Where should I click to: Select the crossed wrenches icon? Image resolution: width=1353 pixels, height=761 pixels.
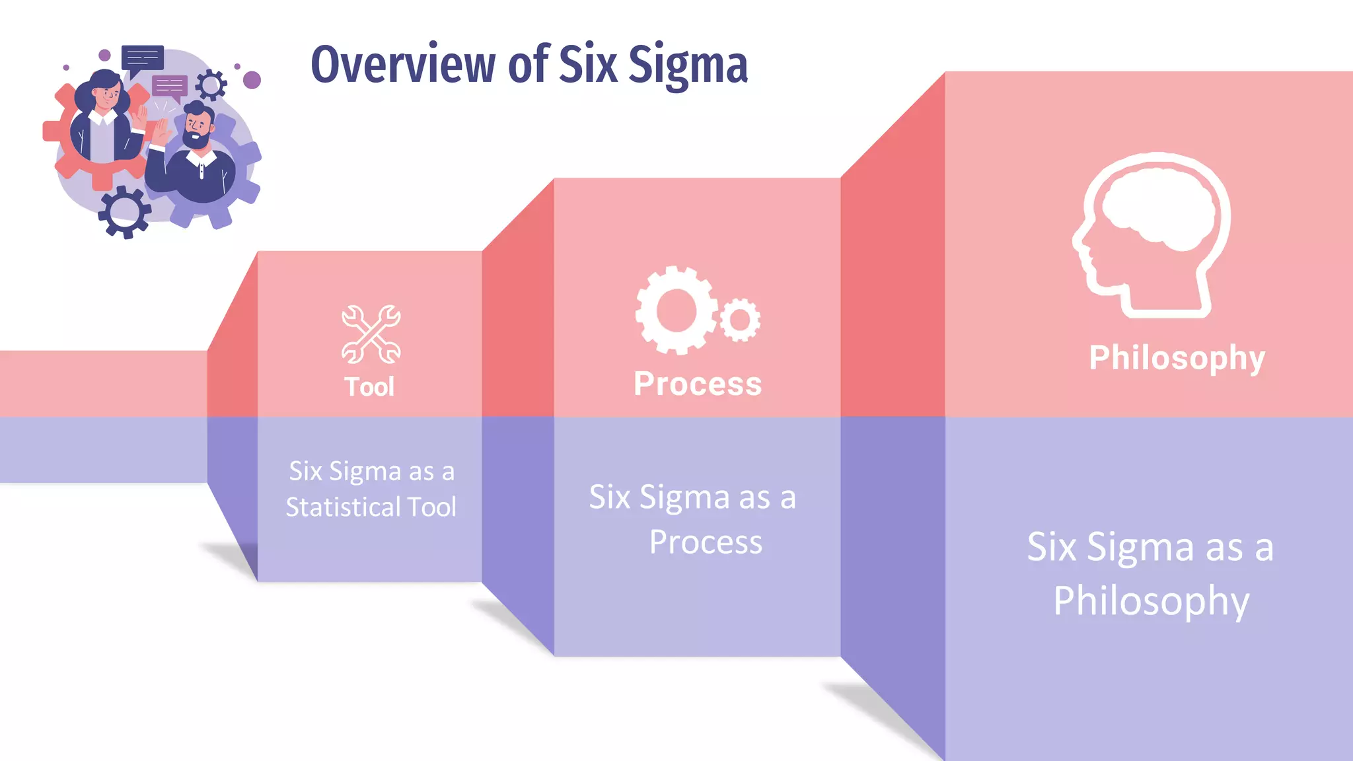371,334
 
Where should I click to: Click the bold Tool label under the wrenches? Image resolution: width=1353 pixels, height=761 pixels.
369,386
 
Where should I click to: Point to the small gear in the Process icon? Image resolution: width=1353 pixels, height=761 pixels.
740,320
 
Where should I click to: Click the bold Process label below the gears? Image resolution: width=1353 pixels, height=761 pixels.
698,384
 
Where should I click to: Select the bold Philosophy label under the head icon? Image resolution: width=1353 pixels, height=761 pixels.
1177,359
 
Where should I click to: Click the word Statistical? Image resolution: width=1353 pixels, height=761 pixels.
343,507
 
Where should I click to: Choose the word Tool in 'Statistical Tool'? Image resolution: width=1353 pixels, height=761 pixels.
432,507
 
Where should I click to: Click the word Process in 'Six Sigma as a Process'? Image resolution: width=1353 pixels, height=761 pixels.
706,542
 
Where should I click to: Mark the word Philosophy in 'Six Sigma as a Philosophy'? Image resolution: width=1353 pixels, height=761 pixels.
1151,601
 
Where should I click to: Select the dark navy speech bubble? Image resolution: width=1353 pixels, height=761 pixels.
142,59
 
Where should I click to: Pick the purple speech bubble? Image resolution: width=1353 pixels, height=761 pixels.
170,87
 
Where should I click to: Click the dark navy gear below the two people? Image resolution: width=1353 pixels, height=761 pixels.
125,212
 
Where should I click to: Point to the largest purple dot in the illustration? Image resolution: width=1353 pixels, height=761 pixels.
252,80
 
